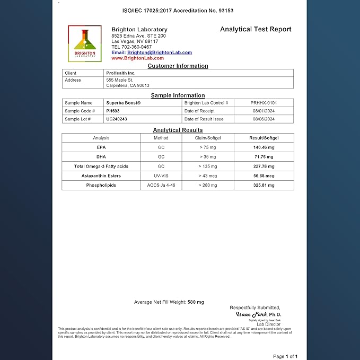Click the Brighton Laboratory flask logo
(x=85, y=43)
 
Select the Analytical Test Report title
(x=256, y=30)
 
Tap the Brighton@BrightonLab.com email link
(x=160, y=52)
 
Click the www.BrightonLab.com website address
(x=134, y=58)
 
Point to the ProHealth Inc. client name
(x=121, y=73)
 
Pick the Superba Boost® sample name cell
(x=124, y=103)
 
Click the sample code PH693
(x=113, y=111)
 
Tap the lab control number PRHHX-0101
(x=264, y=103)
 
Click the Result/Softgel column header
(x=264, y=138)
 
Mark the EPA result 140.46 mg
(x=264, y=147)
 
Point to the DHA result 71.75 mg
(x=264, y=157)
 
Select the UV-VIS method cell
(x=161, y=175)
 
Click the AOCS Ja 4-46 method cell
(x=161, y=185)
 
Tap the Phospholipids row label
(x=101, y=185)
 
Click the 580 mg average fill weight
(x=196, y=302)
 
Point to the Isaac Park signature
(x=252, y=314)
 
